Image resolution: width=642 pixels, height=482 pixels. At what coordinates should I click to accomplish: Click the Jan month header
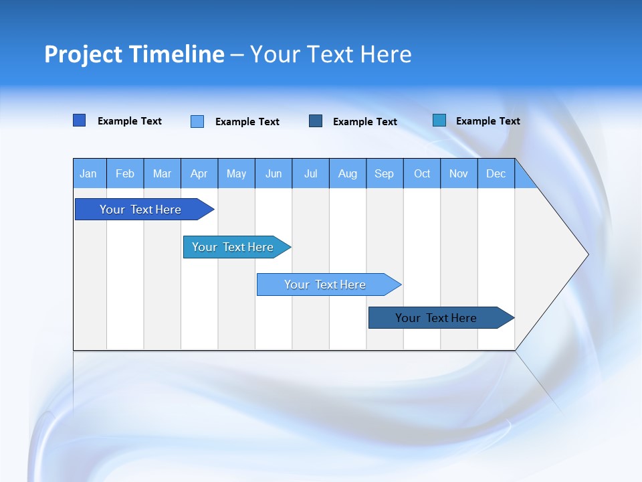[89, 173]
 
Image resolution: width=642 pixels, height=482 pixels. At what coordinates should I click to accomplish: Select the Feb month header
[125, 173]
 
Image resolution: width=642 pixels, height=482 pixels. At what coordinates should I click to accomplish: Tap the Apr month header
[199, 173]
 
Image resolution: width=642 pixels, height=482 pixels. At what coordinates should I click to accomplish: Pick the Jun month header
[274, 173]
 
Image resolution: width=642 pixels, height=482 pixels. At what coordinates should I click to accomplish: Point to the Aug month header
[348, 173]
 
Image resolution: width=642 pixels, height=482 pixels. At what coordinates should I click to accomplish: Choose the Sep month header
[385, 173]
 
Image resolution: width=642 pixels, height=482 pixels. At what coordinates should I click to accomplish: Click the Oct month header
[422, 173]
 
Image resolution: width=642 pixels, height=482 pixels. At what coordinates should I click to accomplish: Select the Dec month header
[496, 173]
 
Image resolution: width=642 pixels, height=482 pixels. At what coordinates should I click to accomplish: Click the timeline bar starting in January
[140, 210]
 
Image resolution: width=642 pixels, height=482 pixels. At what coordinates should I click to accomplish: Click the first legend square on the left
[80, 120]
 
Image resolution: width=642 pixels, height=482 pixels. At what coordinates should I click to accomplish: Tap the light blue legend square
[197, 121]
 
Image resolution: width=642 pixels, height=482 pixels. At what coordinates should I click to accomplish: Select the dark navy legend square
[316, 120]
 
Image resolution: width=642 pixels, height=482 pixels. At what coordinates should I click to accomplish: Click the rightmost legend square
[439, 120]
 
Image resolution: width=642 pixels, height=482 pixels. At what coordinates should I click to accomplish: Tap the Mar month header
[162, 173]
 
